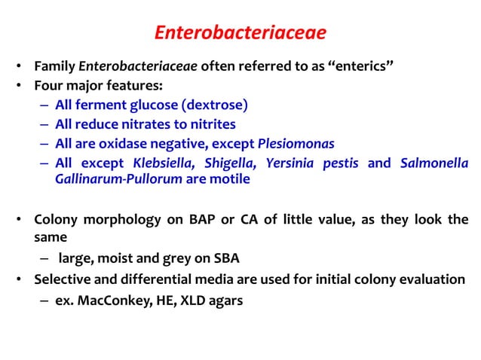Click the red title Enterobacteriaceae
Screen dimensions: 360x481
coord(240,33)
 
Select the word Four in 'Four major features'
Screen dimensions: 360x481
coord(48,85)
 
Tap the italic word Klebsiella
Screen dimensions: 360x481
coord(162,163)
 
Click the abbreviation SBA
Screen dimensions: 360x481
coord(223,258)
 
